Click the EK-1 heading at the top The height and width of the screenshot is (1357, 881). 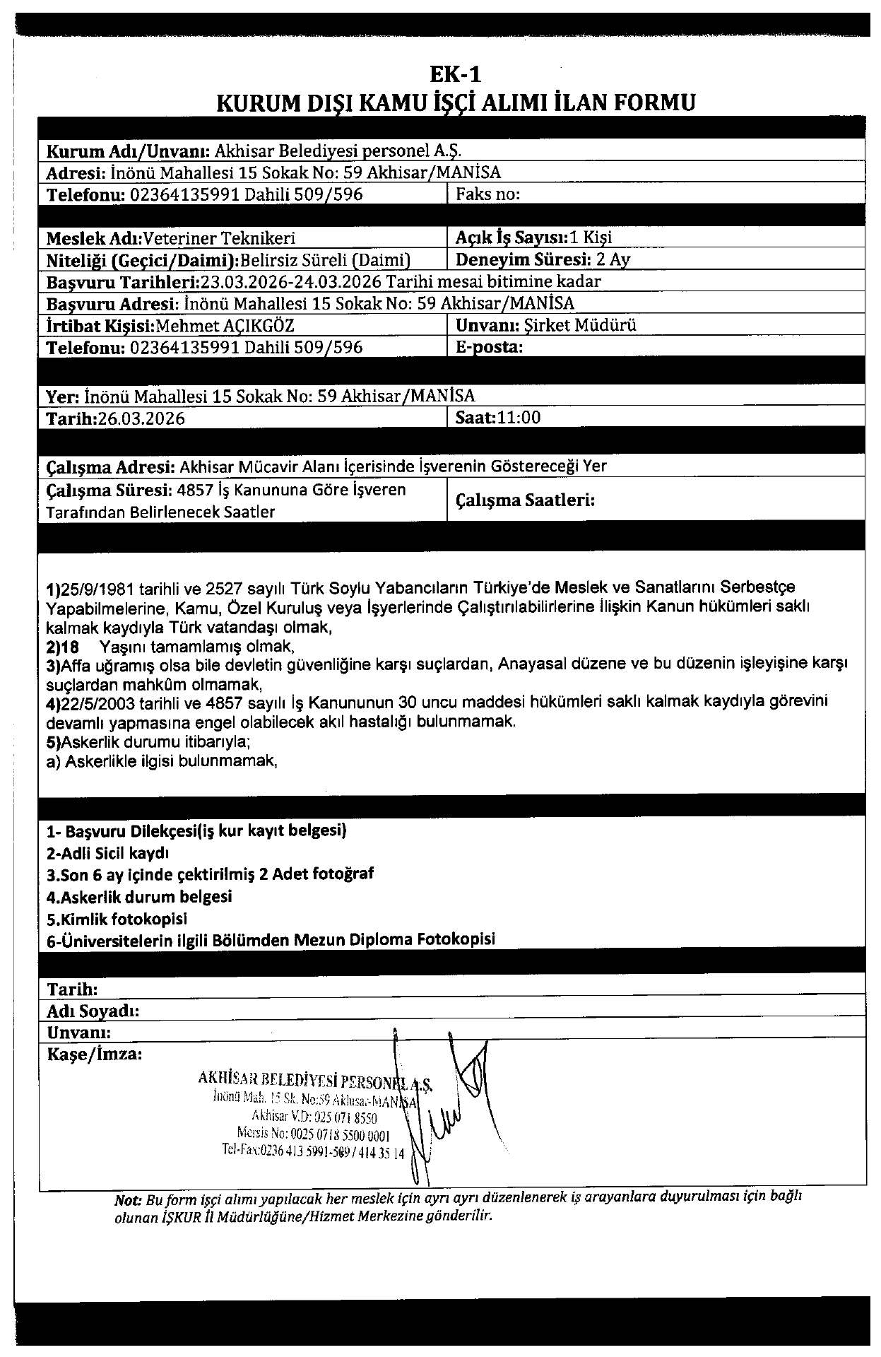[x=455, y=74]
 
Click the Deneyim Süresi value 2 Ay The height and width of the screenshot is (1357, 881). [x=613, y=259]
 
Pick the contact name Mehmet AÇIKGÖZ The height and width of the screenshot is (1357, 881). [x=224, y=326]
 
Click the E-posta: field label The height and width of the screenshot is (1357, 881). [x=490, y=347]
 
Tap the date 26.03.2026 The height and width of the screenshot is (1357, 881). [x=141, y=418]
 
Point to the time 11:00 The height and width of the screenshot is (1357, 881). [x=519, y=418]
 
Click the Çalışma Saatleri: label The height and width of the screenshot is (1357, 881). [x=525, y=500]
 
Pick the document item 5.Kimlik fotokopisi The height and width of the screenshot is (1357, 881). [x=117, y=919]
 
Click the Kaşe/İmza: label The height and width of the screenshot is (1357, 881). [x=95, y=1055]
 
